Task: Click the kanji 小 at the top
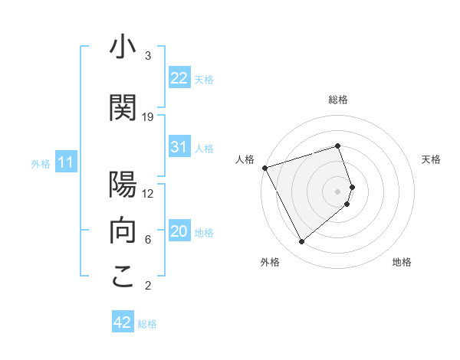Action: (x=123, y=47)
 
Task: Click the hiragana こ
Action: (x=123, y=277)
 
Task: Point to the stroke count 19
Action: (x=148, y=117)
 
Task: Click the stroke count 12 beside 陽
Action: (x=148, y=194)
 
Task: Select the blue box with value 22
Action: (x=179, y=77)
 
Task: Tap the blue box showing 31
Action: (x=179, y=147)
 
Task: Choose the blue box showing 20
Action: (x=179, y=231)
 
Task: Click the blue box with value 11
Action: (x=66, y=162)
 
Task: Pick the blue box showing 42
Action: (x=123, y=322)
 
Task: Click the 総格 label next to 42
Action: (x=147, y=324)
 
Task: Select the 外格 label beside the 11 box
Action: (x=41, y=163)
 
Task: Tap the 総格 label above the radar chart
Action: (x=337, y=100)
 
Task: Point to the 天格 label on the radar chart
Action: (x=431, y=159)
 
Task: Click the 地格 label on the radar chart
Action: (x=402, y=263)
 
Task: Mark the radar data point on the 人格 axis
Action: (x=264, y=167)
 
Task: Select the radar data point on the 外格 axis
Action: (x=301, y=242)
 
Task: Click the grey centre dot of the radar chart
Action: (x=337, y=191)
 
